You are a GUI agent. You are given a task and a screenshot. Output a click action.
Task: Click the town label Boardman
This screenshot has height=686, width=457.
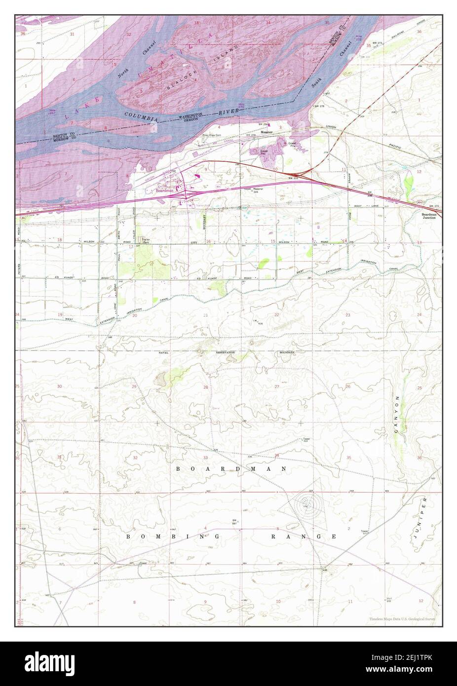coord(163,191)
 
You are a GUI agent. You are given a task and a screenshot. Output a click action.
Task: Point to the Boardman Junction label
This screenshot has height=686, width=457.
coord(428,216)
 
